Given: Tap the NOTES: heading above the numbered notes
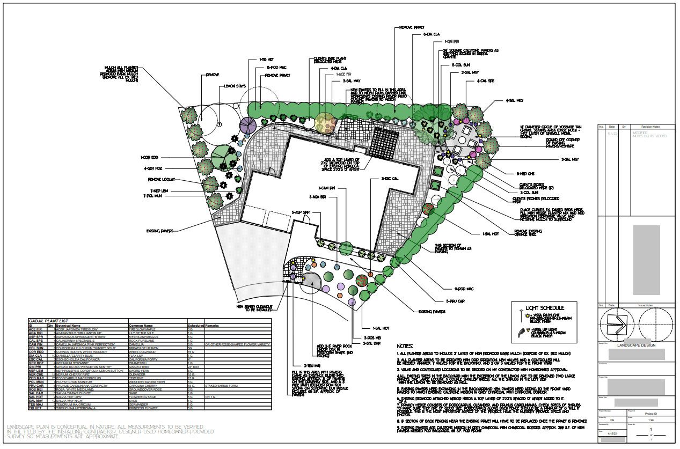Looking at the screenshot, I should coord(407,346).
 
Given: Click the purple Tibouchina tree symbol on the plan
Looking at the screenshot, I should coord(247,126).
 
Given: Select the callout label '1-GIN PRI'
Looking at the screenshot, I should coord(451,41).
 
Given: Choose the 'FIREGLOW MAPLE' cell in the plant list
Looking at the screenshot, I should coord(143,329).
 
